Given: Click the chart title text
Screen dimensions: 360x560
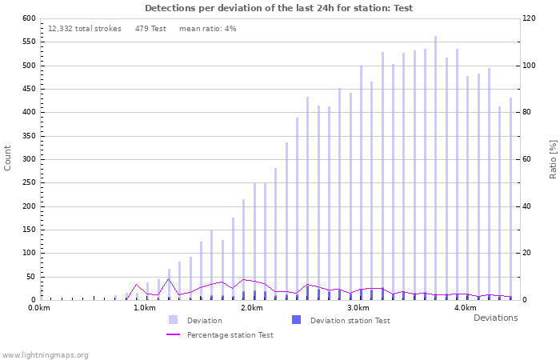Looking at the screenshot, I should (x=278, y=8).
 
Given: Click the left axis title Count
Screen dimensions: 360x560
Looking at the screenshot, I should (x=8, y=158).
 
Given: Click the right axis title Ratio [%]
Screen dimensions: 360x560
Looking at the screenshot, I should (x=552, y=158).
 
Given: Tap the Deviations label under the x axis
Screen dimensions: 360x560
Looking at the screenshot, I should (x=495, y=318).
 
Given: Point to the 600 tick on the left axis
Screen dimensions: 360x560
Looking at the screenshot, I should (x=29, y=18).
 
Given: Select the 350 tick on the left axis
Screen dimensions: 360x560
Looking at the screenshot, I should (x=29, y=136).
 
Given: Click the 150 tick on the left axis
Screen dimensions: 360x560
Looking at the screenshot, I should (x=29, y=230).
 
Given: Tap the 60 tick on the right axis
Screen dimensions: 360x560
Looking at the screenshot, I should (x=530, y=159).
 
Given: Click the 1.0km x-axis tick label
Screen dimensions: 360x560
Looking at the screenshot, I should (x=145, y=308).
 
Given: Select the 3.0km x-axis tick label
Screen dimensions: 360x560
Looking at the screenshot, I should (x=358, y=308).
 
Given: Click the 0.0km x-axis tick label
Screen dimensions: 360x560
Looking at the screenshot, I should (x=38, y=308).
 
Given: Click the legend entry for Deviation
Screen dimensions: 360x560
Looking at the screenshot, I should (x=204, y=320).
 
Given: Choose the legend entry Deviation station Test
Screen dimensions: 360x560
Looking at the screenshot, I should (x=350, y=320).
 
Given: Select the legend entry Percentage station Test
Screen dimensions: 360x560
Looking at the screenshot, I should (x=230, y=334).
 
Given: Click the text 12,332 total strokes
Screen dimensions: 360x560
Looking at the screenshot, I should (x=85, y=29).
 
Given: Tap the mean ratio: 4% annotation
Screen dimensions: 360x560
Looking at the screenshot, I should (x=207, y=29).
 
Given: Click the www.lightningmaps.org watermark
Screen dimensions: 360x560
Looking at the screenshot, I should (x=45, y=354).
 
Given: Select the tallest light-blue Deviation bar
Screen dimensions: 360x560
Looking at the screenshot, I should (x=435, y=168).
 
